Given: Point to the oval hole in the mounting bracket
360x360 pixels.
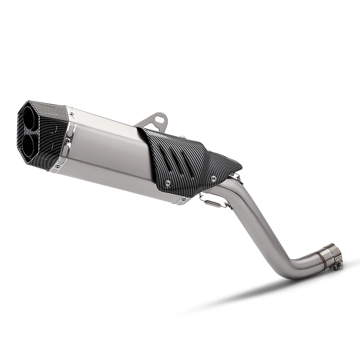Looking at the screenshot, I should [158, 118].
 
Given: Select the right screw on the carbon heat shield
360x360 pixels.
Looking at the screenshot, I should [213, 178].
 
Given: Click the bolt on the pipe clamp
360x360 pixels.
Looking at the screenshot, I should [337, 266].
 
